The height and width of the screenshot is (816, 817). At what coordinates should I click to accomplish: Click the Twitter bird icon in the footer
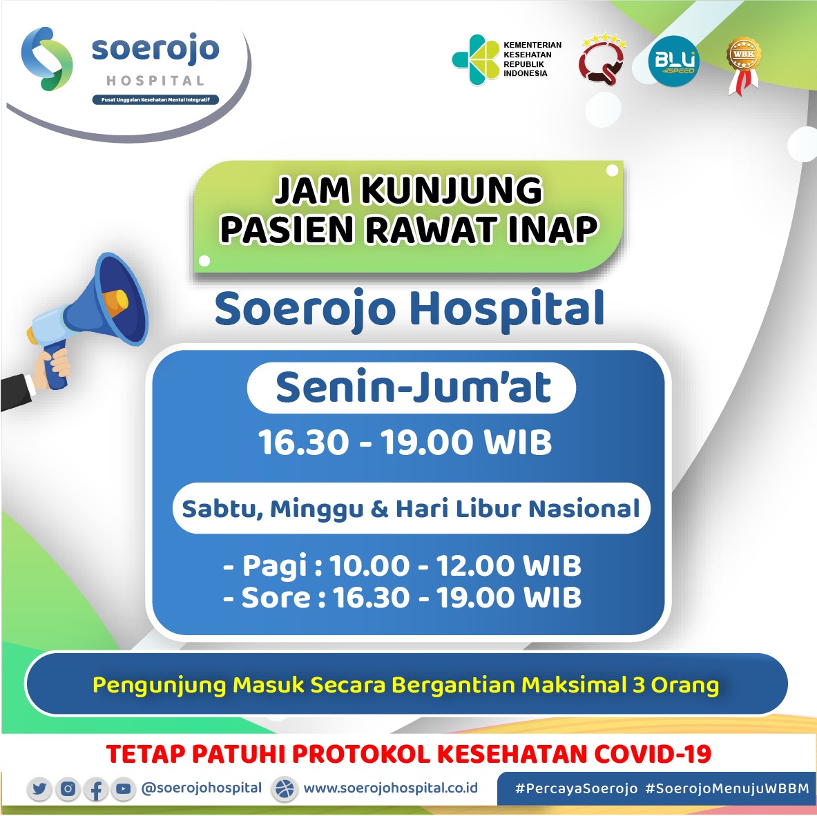39,788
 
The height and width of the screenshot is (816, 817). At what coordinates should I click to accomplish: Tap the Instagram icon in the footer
68,788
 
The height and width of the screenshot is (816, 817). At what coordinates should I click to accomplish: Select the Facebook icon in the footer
96,788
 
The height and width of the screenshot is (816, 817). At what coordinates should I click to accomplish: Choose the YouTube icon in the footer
124,788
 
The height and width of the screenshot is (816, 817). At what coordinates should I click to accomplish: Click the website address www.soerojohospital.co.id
390,788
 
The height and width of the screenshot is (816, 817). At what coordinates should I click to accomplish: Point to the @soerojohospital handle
202,788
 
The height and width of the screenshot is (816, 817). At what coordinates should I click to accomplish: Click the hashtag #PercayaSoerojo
576,788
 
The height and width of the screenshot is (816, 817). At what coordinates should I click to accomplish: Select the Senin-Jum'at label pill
412,387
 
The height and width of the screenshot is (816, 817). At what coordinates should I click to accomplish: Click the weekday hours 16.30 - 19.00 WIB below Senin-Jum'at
405,443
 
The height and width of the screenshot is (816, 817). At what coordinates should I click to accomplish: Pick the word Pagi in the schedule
275,566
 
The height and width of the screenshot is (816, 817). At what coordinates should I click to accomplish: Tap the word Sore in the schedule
276,597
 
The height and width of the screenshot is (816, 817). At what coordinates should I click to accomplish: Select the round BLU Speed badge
674,61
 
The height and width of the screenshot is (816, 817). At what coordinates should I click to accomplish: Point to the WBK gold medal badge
744,65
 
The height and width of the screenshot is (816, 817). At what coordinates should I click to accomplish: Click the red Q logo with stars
602,60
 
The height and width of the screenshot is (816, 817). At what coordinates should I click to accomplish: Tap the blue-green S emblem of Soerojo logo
47,59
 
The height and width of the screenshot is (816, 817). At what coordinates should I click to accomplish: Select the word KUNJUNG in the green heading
452,190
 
